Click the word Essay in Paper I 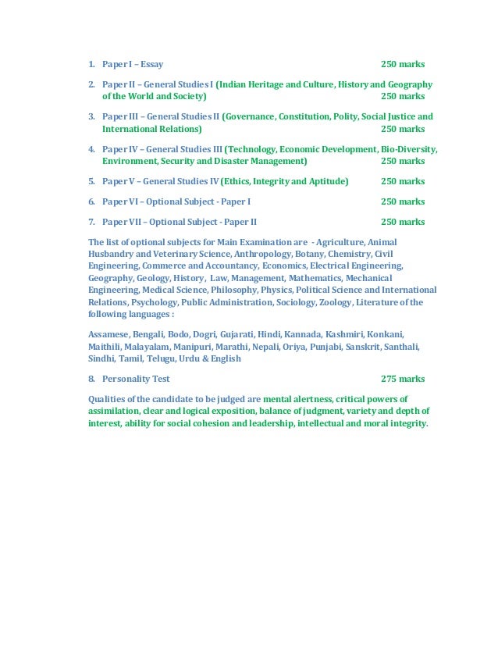[151, 64]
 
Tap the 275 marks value [403, 379]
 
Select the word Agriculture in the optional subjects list [341, 242]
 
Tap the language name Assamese [109, 334]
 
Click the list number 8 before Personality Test [91, 379]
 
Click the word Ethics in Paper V [240, 181]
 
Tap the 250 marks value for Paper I [403, 64]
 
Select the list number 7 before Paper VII [91, 222]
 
